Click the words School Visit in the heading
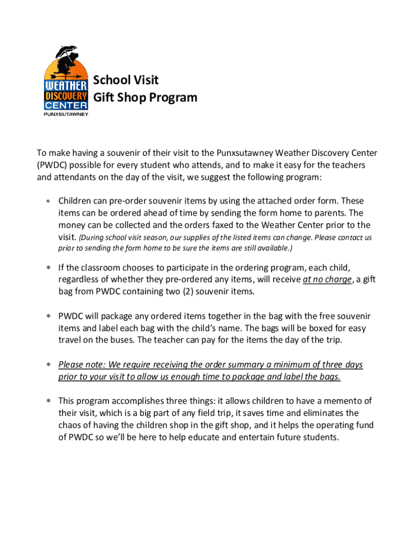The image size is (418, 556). (126, 80)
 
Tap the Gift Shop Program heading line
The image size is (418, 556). (145, 98)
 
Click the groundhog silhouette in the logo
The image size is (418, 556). (73, 61)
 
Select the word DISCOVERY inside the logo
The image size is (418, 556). (65, 95)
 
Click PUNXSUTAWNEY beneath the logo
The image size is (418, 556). (65, 114)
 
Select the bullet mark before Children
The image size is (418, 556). (48, 201)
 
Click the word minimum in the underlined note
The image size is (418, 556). (285, 364)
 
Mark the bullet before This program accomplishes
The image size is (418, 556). (48, 401)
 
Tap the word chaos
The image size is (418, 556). (71, 425)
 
